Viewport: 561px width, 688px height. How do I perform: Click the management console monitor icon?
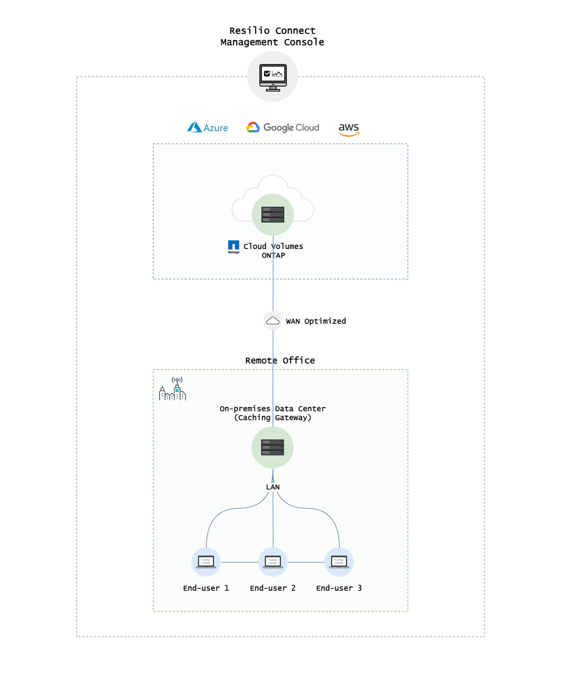click(x=273, y=77)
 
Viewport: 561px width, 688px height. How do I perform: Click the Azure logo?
click(x=208, y=128)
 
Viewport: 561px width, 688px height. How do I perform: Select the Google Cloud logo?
click(x=282, y=128)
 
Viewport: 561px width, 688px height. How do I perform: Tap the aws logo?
click(x=349, y=129)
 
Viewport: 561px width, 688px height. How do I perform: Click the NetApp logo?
click(x=233, y=247)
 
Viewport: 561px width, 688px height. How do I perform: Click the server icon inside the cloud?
click(x=273, y=214)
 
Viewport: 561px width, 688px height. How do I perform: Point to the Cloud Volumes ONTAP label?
click(x=273, y=251)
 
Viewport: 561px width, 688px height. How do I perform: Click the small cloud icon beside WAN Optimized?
click(x=273, y=321)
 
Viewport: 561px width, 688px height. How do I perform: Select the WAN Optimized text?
click(x=316, y=321)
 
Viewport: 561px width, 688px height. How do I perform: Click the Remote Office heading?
click(x=280, y=361)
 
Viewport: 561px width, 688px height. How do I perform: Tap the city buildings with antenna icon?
click(x=173, y=389)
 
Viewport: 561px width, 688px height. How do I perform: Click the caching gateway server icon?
click(x=273, y=447)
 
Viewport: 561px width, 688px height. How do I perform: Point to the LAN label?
click(x=273, y=487)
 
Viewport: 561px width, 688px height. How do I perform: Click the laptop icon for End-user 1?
click(x=206, y=562)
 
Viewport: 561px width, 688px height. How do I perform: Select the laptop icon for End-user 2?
click(x=273, y=562)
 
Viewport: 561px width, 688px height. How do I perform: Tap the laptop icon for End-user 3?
click(x=339, y=562)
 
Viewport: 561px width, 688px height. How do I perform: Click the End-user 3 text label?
click(x=339, y=588)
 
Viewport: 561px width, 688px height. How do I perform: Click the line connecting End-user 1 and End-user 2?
click(x=239, y=562)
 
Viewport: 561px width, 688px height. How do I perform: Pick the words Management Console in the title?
click(x=272, y=42)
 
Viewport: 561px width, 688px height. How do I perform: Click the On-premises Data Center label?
click(x=273, y=409)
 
